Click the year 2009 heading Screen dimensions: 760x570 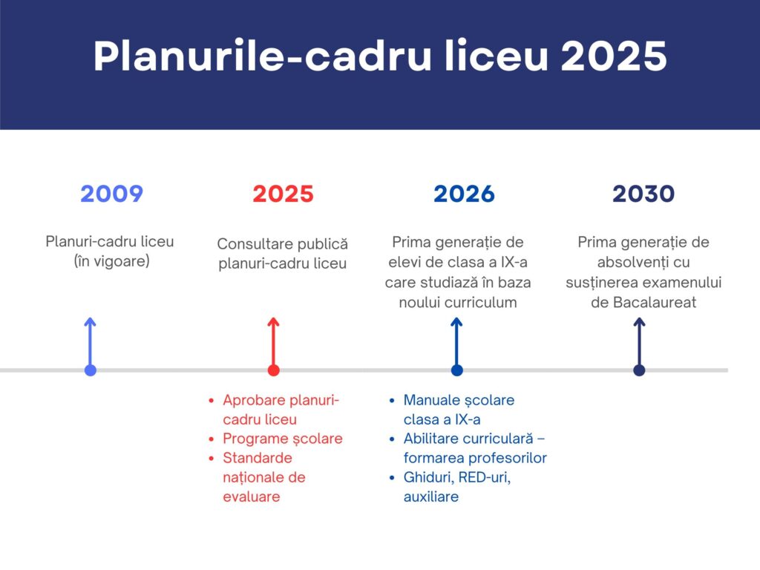coord(111,194)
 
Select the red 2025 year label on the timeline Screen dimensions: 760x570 coord(283,194)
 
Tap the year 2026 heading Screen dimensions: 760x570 coord(464,194)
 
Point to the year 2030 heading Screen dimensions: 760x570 coord(643,194)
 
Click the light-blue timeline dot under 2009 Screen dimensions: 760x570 coord(90,370)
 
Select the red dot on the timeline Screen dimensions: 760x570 coord(273,370)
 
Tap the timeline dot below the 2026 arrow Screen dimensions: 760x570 coord(456,370)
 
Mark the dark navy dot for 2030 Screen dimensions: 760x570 coord(639,370)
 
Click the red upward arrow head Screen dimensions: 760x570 coord(273,321)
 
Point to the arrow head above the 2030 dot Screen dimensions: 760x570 coord(639,321)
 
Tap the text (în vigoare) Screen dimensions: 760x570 coord(111,261)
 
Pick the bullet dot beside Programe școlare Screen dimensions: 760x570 coord(212,439)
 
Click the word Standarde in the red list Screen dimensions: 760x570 coord(258,457)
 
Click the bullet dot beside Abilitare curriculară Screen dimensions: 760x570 coord(392,439)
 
